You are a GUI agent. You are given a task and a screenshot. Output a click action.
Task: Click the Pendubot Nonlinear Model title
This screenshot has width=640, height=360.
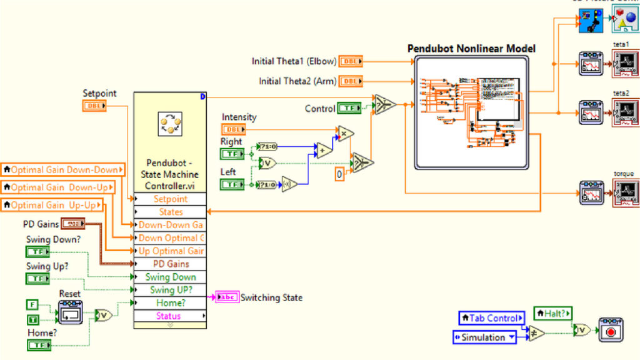[x=471, y=48]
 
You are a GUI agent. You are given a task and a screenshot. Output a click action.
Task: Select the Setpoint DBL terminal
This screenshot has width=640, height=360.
[x=94, y=106]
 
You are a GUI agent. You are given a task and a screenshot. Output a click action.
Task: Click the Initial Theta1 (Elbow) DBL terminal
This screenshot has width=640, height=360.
[x=351, y=61]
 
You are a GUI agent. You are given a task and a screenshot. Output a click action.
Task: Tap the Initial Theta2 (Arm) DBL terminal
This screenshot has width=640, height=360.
[x=351, y=81]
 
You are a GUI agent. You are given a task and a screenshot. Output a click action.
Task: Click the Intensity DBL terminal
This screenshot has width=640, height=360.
[x=234, y=129]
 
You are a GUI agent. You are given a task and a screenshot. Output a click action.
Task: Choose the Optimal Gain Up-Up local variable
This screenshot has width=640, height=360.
[x=54, y=204]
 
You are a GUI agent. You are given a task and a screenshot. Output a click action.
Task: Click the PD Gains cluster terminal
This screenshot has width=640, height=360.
[x=73, y=224]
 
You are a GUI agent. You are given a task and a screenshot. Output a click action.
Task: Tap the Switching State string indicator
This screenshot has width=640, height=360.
[x=226, y=297]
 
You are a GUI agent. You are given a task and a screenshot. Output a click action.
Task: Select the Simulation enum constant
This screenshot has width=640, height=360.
[x=485, y=337]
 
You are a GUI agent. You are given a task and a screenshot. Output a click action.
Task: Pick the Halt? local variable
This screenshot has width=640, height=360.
[x=552, y=314]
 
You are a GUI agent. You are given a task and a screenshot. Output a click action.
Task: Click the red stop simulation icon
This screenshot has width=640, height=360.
[x=611, y=329]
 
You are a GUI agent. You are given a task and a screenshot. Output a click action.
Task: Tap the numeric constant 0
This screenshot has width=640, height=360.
[x=339, y=174]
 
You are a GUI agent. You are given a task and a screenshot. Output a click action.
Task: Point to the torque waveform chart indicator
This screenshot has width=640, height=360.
[x=626, y=192]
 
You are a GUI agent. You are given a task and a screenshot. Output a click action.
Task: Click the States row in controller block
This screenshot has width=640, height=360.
[x=170, y=212]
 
